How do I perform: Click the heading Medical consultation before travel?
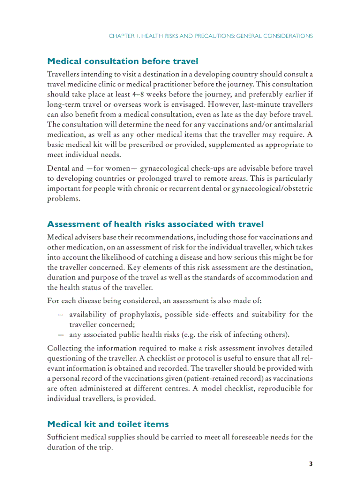(123, 61)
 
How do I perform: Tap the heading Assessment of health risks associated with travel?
(155, 224)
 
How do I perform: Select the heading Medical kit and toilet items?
(108, 424)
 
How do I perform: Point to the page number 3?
(311, 464)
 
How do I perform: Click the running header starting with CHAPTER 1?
(211, 36)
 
